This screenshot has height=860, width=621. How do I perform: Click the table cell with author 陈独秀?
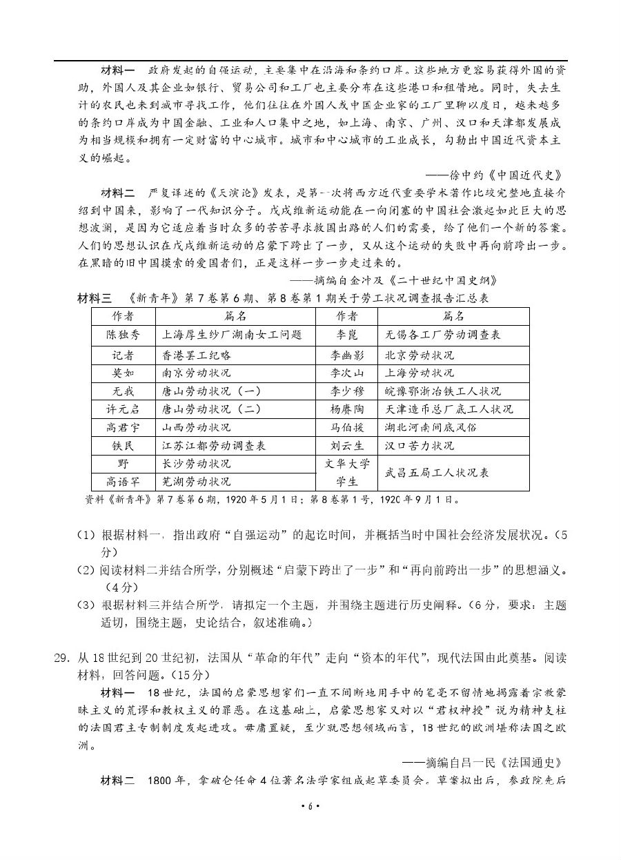pos(123,335)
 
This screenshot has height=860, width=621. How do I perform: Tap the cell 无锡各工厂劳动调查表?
pos(443,335)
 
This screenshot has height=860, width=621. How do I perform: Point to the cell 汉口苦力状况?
pos(420,445)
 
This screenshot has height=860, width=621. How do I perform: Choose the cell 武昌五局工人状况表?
pos(437,473)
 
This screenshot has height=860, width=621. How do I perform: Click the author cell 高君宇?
pos(123,427)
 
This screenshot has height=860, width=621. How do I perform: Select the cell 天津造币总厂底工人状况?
pos(449,409)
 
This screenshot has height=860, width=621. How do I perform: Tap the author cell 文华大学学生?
pos(347,473)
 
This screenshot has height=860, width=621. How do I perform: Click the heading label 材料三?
pos(97,298)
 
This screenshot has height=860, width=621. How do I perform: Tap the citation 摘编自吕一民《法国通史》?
pos(483,763)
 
